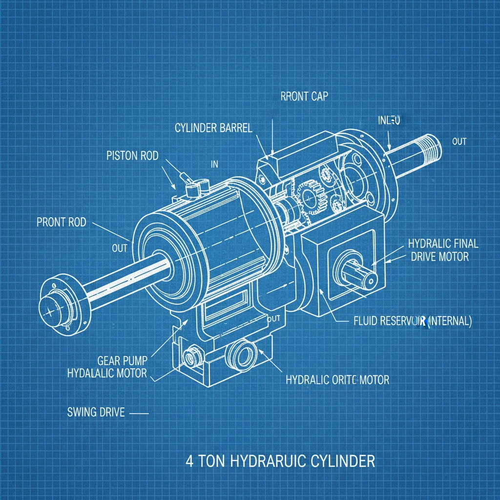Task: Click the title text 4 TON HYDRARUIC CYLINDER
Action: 281,460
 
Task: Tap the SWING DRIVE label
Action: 96,412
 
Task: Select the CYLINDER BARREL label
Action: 213,128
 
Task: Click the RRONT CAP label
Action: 304,96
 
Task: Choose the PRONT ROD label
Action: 61,223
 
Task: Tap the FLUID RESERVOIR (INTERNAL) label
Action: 412,321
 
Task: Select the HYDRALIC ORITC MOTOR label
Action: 337,379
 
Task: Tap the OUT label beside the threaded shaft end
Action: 459,142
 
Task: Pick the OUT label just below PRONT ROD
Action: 119,248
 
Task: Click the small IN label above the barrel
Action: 214,165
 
